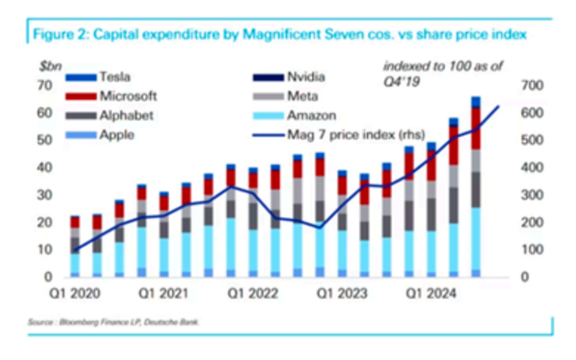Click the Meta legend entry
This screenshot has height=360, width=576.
(x=302, y=97)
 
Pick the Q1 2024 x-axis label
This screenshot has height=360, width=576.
(x=427, y=289)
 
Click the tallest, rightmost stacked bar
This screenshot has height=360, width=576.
(x=476, y=186)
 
